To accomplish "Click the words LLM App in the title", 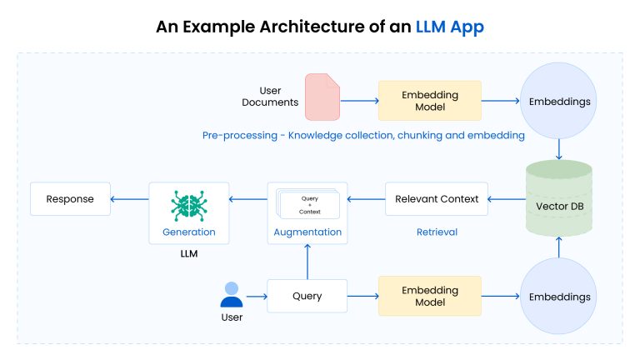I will tap(449, 27).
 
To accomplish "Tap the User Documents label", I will tap(269, 96).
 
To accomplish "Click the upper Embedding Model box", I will tap(429, 101).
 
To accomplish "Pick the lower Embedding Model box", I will tap(429, 296).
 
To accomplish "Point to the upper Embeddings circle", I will tap(559, 101).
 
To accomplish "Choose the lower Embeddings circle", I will tap(559, 296).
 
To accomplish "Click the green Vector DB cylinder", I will tap(559, 199).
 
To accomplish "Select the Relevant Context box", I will tap(437, 199).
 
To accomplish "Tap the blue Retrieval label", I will tap(437, 232).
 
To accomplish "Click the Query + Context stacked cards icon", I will tap(308, 203).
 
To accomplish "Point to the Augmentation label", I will tap(308, 232).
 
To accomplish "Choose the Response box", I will tap(70, 199).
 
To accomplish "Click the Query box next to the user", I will tap(307, 296).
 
